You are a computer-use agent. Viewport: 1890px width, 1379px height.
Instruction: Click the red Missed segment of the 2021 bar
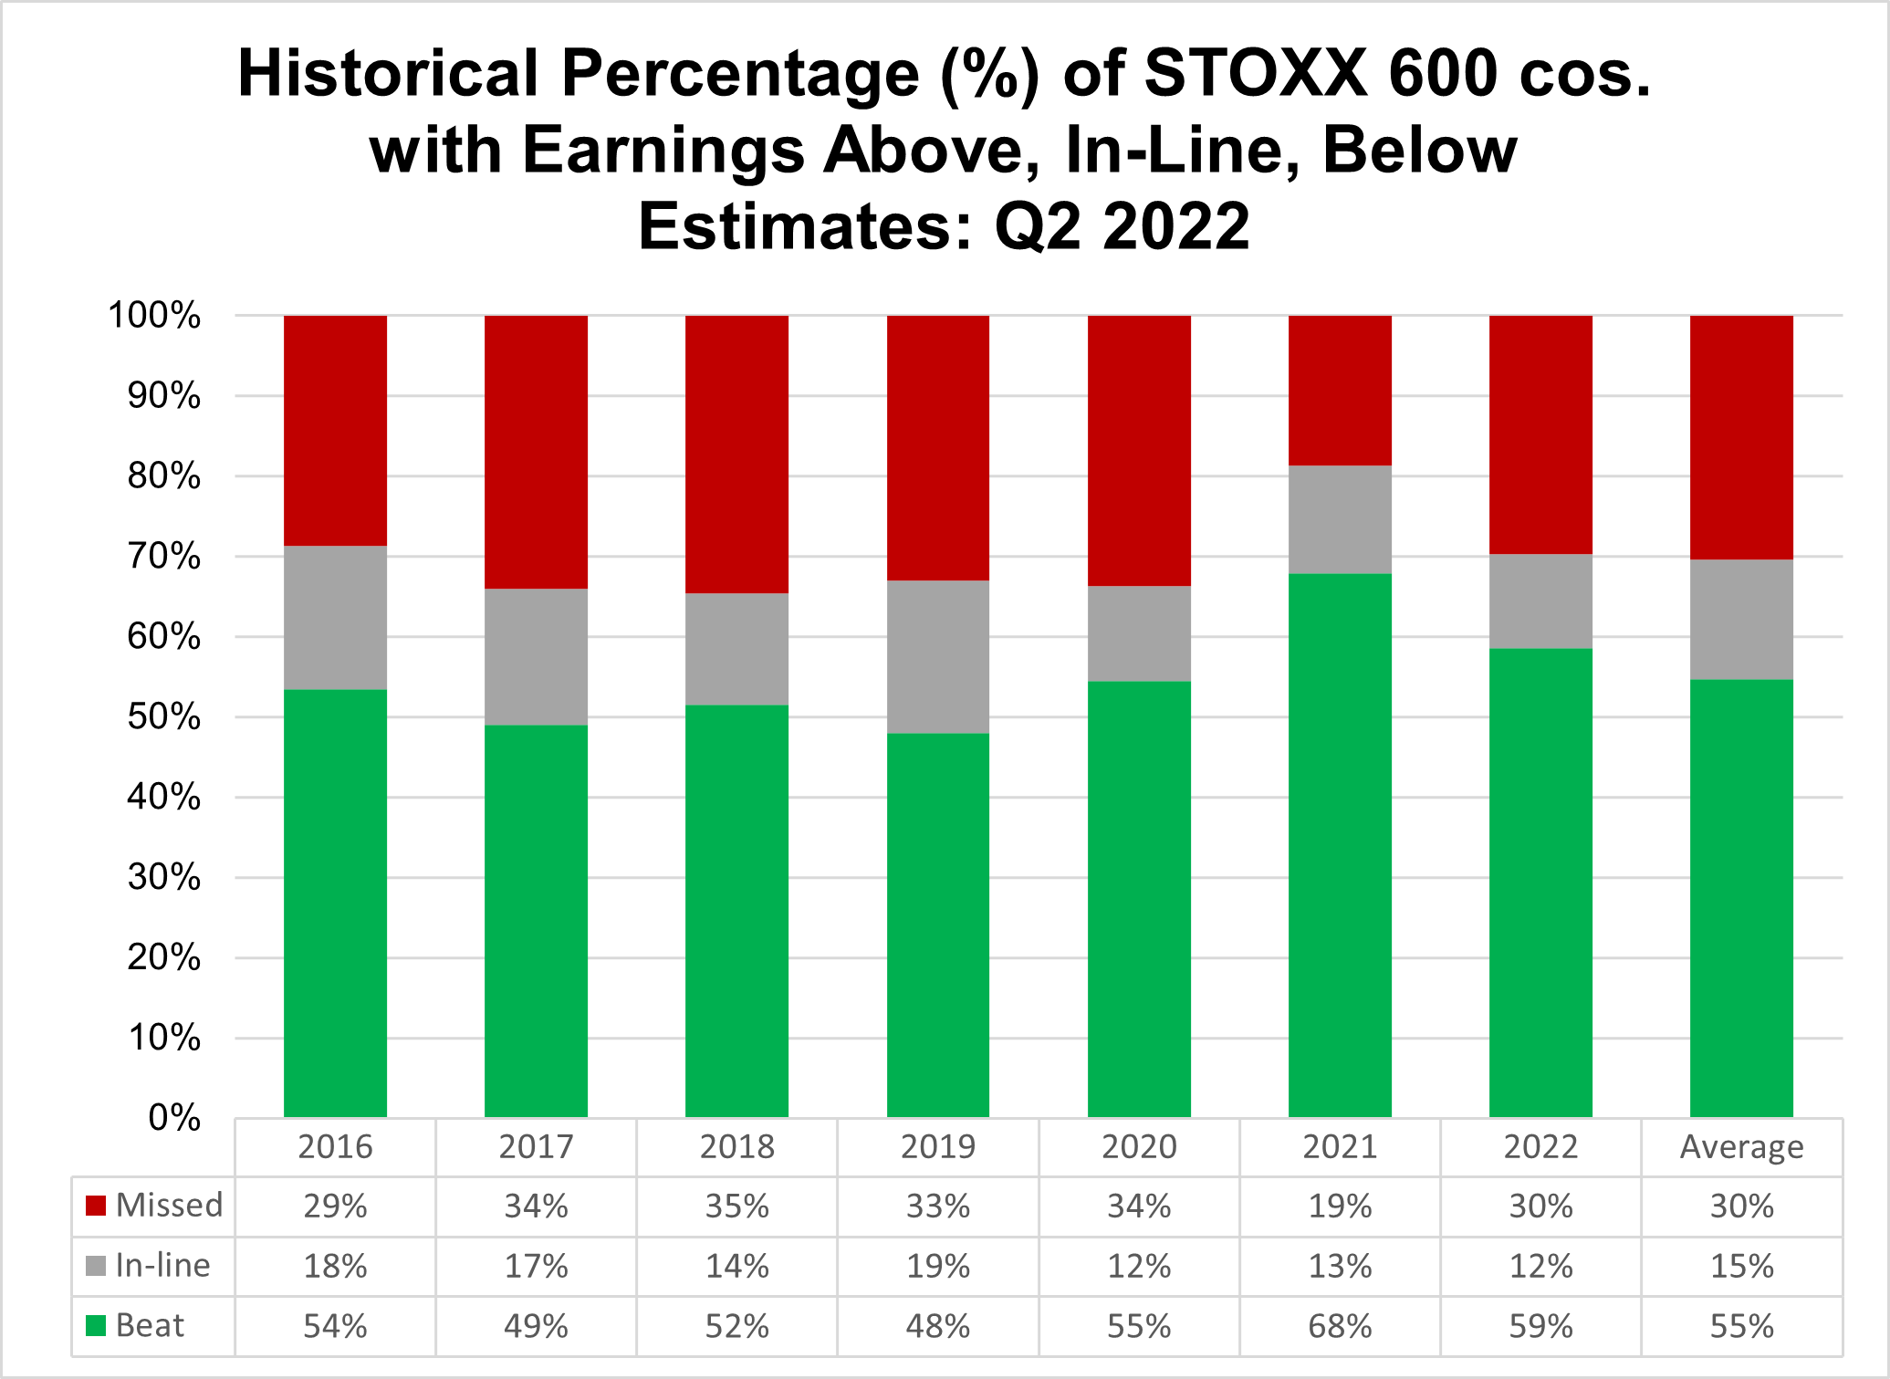(x=1340, y=391)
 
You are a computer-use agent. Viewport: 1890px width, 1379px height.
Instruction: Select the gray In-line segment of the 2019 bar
(x=938, y=657)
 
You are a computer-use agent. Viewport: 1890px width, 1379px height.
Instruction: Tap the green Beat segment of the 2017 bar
(x=536, y=922)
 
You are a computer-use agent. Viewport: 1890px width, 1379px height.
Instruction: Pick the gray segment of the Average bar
(x=1741, y=620)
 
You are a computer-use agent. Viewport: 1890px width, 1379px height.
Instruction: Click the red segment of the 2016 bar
(x=335, y=431)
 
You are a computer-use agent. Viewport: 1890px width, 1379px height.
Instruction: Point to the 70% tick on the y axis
(x=164, y=557)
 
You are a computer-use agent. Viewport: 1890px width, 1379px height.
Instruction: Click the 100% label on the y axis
(x=154, y=316)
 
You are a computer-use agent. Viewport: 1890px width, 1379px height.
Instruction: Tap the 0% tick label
(x=174, y=1118)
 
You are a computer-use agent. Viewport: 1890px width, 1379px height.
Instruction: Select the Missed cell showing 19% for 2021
(x=1340, y=1207)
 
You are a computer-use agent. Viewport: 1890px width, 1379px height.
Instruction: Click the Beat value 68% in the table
(x=1340, y=1326)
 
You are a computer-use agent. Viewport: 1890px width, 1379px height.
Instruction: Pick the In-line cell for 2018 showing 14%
(x=736, y=1267)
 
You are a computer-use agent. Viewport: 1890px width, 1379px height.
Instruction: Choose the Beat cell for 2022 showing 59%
(x=1540, y=1326)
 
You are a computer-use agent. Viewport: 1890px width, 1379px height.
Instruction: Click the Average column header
(x=1741, y=1147)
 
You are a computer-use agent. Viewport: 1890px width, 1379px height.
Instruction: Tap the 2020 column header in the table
(x=1139, y=1147)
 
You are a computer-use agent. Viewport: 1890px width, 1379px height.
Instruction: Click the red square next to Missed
(x=96, y=1206)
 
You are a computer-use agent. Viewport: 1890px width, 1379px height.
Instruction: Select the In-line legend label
(x=162, y=1266)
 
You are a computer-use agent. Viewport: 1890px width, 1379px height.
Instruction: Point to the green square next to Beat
(x=96, y=1325)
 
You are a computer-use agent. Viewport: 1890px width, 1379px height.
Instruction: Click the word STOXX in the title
(x=1255, y=73)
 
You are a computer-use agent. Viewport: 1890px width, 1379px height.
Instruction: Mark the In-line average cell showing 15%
(x=1741, y=1267)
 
